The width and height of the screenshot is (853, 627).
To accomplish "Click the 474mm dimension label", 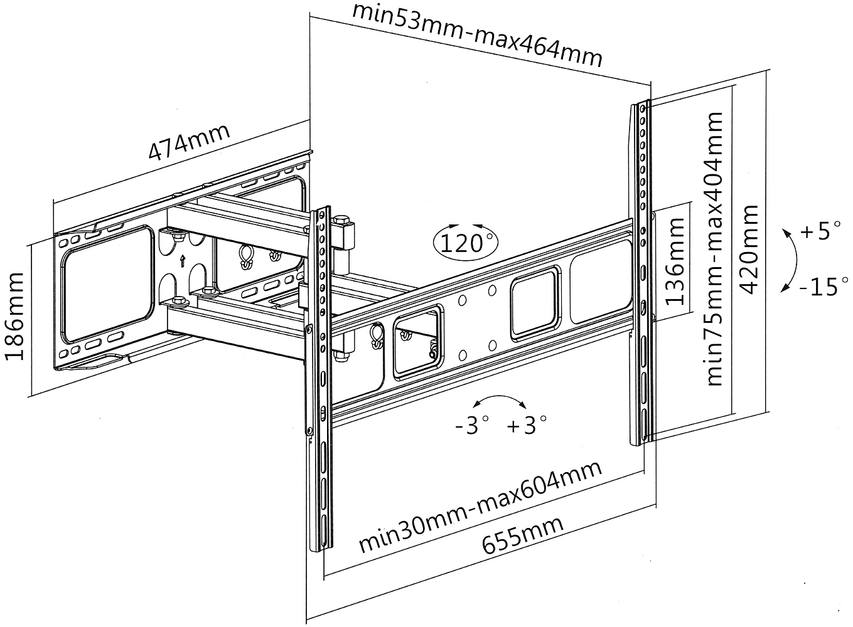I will click(x=189, y=142).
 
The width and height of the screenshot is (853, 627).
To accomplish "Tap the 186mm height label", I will click(x=15, y=316).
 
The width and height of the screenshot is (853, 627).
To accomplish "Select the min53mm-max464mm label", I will click(x=477, y=35).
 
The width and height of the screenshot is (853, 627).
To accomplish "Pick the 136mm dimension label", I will click(x=675, y=261).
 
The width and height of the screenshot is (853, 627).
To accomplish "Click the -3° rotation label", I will click(x=471, y=426).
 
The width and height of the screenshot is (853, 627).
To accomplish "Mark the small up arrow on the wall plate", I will click(x=183, y=261).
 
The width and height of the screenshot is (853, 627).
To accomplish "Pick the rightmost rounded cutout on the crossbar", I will click(x=599, y=288).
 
